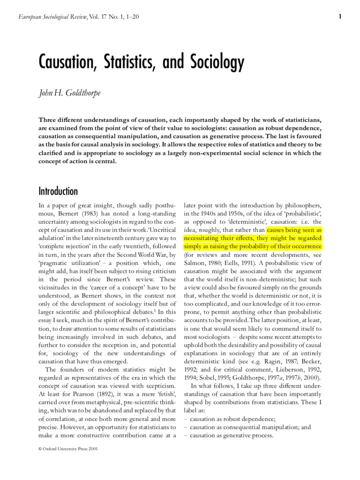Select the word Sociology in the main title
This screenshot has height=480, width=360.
click(212, 62)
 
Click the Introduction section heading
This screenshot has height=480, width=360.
click(58, 191)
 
